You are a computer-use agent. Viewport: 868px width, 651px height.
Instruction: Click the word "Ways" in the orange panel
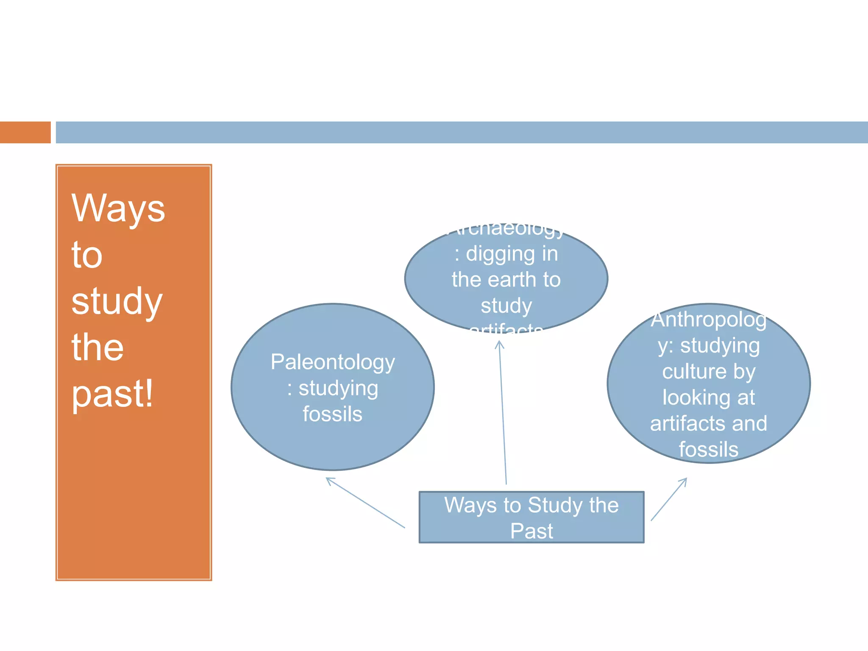pyautogui.click(x=118, y=209)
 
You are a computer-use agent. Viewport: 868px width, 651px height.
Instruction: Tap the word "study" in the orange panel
pyautogui.click(x=117, y=301)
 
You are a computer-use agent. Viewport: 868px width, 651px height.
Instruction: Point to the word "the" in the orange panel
pyautogui.click(x=97, y=347)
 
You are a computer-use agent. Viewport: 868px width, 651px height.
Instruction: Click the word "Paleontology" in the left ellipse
pyautogui.click(x=333, y=363)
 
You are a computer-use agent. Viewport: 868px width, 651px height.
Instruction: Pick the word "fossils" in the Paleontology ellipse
pyautogui.click(x=333, y=414)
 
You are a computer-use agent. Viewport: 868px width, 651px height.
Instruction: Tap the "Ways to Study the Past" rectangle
pyautogui.click(x=531, y=517)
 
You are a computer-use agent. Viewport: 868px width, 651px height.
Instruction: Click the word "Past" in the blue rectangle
pyautogui.click(x=531, y=531)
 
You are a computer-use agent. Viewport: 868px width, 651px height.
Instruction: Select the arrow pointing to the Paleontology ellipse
pyautogui.click(x=365, y=503)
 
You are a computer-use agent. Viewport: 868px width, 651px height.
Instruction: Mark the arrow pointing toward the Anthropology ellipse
pyautogui.click(x=669, y=499)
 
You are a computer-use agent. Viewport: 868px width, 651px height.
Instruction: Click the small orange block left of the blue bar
pyautogui.click(x=25, y=132)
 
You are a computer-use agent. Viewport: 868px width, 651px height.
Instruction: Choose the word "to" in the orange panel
pyautogui.click(x=87, y=255)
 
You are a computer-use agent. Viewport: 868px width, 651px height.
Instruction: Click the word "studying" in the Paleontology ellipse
pyautogui.click(x=338, y=389)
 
